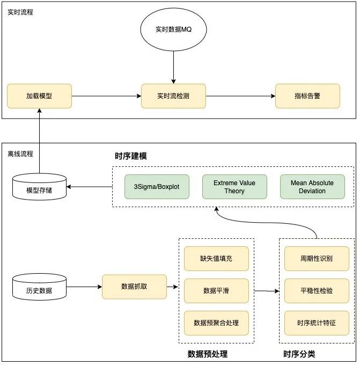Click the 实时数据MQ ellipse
[173, 30]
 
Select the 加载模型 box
[39, 96]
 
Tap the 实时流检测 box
[173, 96]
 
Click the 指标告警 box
[307, 96]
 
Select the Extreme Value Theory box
[234, 187]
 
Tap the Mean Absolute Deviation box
[312, 187]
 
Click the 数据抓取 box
[134, 287]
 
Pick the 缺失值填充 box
[216, 259]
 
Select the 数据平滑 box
[216, 290]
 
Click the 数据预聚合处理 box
[216, 323]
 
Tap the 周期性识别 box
[317, 259]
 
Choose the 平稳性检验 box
[317, 290]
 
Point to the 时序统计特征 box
[317, 323]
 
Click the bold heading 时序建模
[131, 157]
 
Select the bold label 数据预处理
[208, 354]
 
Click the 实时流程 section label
[20, 12]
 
